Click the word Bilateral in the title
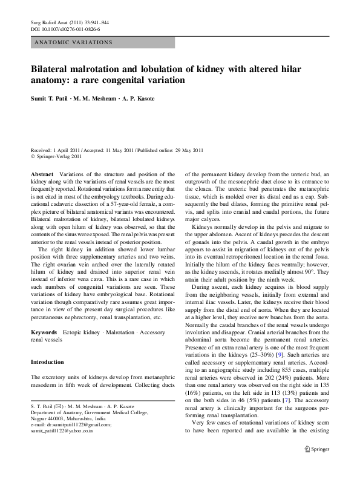point(54,69)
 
